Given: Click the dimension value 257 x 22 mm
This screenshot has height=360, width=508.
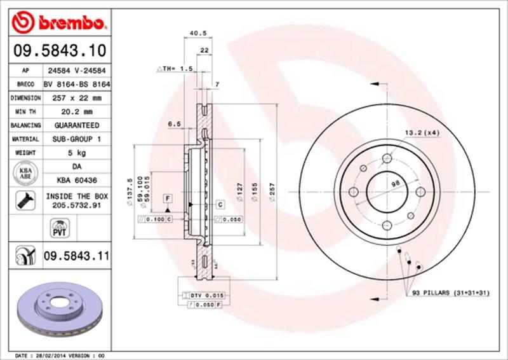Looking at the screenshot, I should (x=76, y=98).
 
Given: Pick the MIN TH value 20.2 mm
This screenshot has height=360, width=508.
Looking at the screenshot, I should (x=76, y=112).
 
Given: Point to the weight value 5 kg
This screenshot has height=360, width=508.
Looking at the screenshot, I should (x=76, y=153).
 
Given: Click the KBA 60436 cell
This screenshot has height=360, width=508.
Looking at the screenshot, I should (x=76, y=180).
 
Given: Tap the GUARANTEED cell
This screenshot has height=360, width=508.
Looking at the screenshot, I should (x=76, y=125).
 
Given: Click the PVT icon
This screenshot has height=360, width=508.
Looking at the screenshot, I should (x=57, y=227).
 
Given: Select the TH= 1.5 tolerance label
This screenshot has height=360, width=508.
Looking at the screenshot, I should (x=173, y=68).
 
